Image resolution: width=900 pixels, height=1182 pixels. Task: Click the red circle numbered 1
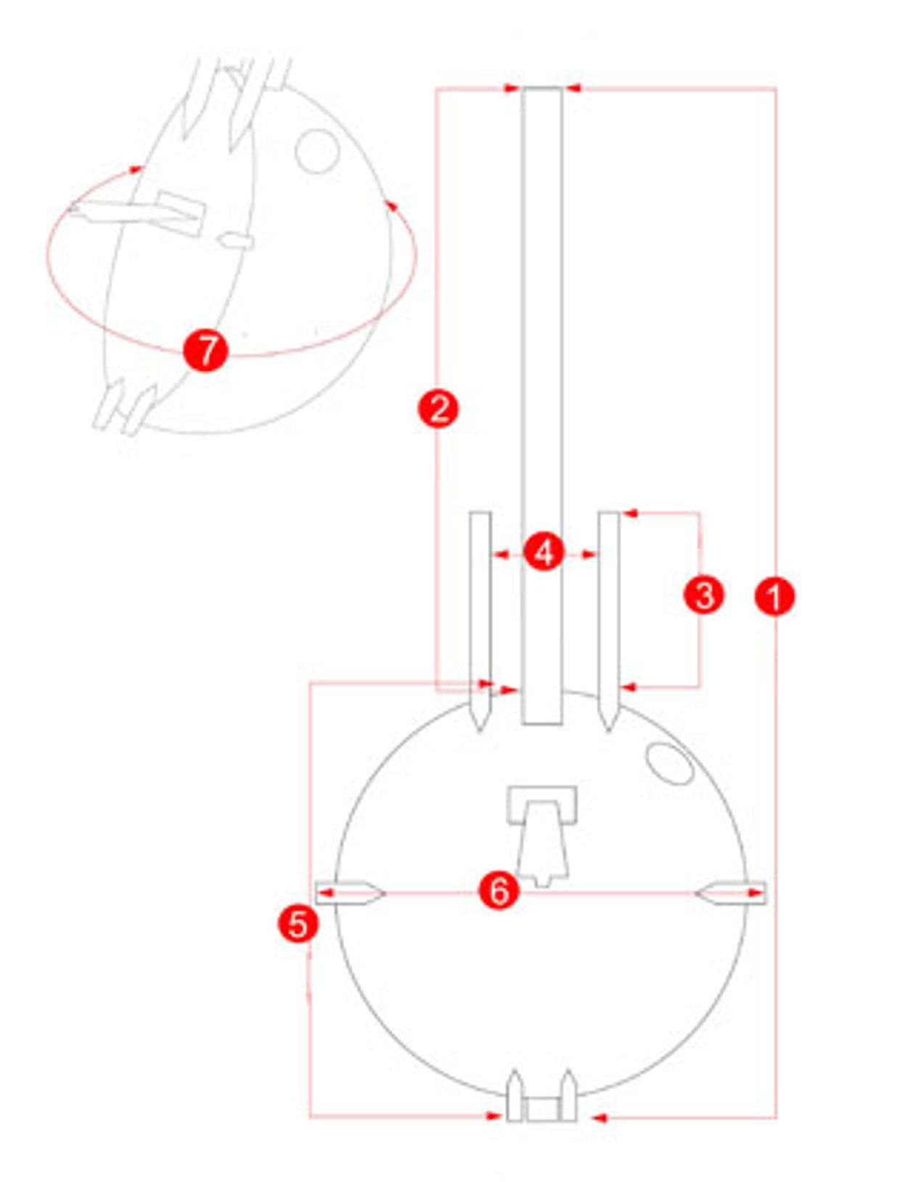[774, 596]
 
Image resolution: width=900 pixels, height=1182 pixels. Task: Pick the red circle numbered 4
[544, 553]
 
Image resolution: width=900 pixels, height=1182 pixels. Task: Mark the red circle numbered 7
[206, 350]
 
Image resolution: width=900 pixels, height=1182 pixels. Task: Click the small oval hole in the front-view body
[669, 764]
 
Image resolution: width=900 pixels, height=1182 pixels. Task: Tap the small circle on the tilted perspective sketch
[317, 152]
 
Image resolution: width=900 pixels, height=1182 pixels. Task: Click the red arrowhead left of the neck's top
[511, 88]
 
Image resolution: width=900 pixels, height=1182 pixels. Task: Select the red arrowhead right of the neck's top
[573, 88]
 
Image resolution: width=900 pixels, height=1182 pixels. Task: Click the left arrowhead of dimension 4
[502, 554]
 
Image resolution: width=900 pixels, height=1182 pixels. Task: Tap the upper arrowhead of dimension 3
[629, 513]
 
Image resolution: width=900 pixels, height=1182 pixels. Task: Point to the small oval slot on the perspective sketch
[235, 240]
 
